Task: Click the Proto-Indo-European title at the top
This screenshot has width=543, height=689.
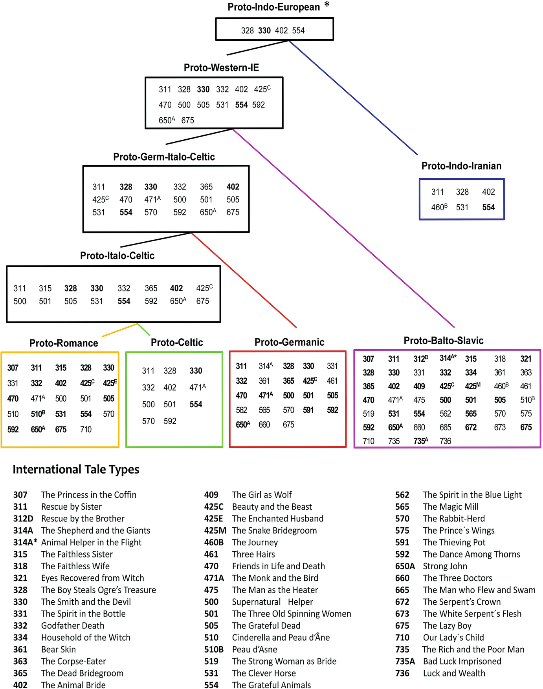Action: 273,7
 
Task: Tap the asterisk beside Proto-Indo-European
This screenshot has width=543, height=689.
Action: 327,5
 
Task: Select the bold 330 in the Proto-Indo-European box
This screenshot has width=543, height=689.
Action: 264,31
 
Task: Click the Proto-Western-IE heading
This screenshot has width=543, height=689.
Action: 221,68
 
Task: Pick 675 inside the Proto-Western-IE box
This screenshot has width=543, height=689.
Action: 187,120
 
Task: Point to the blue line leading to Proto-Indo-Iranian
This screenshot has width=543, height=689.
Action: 354,98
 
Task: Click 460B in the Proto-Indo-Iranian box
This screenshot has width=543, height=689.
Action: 439,207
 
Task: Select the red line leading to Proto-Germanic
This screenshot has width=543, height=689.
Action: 244,280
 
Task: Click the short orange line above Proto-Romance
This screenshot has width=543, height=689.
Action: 120,330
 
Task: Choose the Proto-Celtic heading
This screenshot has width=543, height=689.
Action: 177,343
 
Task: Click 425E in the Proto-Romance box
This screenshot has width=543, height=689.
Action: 110,383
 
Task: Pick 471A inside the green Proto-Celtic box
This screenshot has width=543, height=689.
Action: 197,388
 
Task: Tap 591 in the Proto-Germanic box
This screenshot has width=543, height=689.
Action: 308,410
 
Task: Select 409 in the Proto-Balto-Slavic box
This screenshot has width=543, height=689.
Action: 419,386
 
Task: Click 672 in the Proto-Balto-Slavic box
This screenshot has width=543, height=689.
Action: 471,427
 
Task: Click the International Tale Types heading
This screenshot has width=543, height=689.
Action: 76,470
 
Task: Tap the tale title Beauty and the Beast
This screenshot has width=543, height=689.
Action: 272,507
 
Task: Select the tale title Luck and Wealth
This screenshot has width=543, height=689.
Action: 454,673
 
